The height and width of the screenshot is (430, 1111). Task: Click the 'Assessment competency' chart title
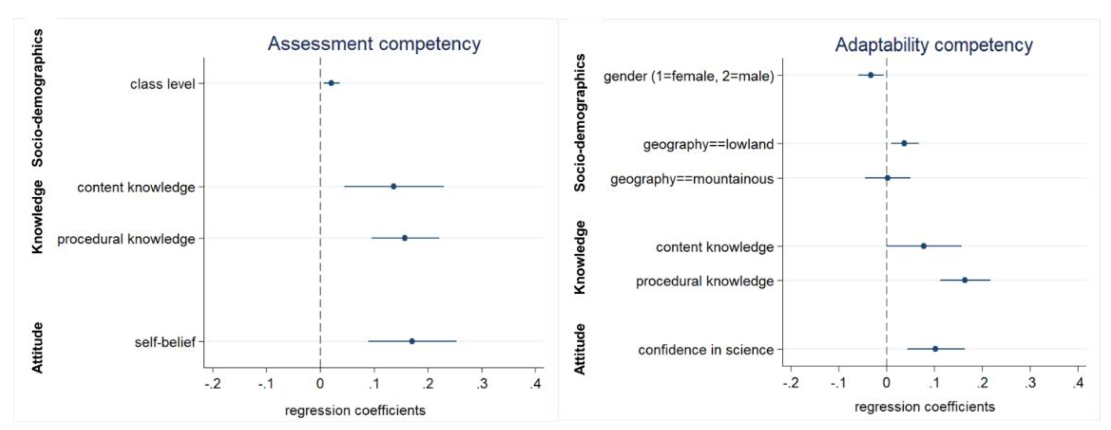pyautogui.click(x=374, y=44)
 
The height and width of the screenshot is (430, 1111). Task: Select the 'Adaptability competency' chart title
pyautogui.click(x=934, y=45)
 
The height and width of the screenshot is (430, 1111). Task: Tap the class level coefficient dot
pyautogui.click(x=331, y=83)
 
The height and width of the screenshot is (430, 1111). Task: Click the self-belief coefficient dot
pyautogui.click(x=412, y=341)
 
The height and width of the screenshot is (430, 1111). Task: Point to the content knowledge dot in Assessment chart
pyautogui.click(x=393, y=187)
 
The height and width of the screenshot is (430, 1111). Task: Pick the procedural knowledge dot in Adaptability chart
pyautogui.click(x=965, y=280)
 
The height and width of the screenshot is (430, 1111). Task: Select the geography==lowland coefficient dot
pyautogui.click(x=904, y=143)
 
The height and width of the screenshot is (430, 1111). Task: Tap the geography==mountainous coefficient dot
pyautogui.click(x=888, y=178)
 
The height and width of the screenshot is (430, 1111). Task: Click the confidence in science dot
pyautogui.click(x=935, y=349)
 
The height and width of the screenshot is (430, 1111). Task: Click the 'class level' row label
pyautogui.click(x=162, y=84)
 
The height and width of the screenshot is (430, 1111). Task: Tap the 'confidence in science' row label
pyautogui.click(x=706, y=350)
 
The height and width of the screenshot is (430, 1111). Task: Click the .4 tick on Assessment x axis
pyautogui.click(x=535, y=383)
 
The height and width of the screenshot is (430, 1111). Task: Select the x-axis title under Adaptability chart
pyautogui.click(x=925, y=407)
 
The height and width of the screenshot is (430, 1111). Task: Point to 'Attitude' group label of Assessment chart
pyautogui.click(x=38, y=347)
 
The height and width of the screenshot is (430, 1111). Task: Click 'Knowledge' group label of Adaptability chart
pyautogui.click(x=580, y=257)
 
